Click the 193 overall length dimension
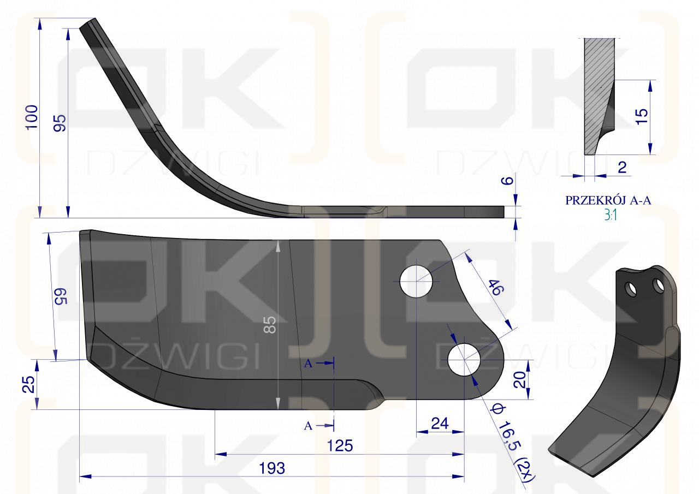point(272,468)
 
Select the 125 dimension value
point(340,445)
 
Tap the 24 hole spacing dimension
point(440,424)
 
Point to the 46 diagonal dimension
point(496,287)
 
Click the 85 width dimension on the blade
point(270,325)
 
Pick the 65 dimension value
point(61,296)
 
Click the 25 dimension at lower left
point(29,384)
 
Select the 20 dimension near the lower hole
point(519,380)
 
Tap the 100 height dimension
point(32,117)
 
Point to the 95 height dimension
point(60,123)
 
